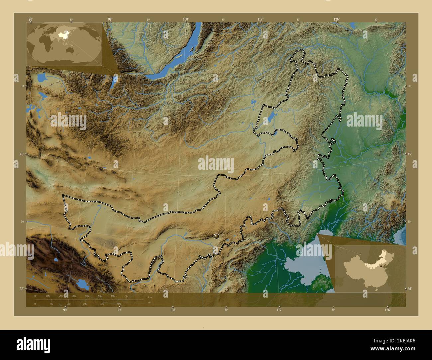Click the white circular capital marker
pyautogui.click(x=217, y=236)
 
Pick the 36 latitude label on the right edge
pyautogui.click(x=409, y=289)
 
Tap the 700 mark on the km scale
pyautogui.click(x=126, y=296)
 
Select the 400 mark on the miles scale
pyautogui.click(x=119, y=304)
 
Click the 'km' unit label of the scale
pyautogui.click(x=150, y=297)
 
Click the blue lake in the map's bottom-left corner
pyautogui.click(x=81, y=284)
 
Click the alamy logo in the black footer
pyautogui.click(x=33, y=344)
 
